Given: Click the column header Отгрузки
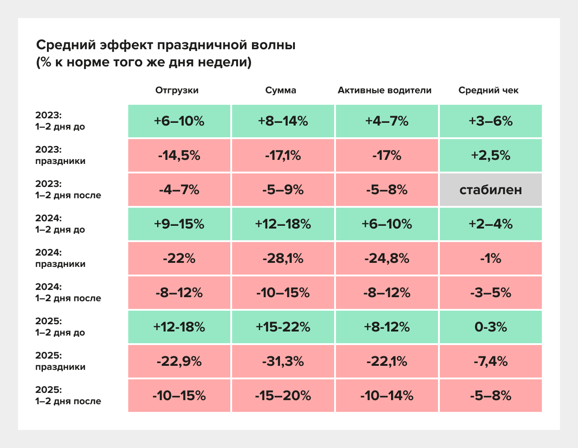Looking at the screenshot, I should [177, 90].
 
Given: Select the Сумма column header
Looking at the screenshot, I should [281, 90].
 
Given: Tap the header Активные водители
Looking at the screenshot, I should [384, 90].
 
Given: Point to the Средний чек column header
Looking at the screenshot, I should [488, 90].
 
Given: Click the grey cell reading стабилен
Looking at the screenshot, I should [490, 190].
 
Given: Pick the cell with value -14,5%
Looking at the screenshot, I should [179, 155].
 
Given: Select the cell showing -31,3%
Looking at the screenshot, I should [283, 361].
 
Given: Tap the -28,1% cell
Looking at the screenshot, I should [283, 258].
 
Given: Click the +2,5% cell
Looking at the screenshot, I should [490, 155].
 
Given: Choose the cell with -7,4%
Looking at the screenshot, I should [490, 361].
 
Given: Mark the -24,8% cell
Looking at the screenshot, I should [387, 258].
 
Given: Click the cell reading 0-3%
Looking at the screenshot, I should [490, 327].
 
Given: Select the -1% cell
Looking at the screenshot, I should [490, 258].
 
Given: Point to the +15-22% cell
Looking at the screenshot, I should [283, 327].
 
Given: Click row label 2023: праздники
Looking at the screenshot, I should [60, 155].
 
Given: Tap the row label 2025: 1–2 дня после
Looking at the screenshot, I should [68, 396].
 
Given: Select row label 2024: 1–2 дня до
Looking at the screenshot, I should [60, 224].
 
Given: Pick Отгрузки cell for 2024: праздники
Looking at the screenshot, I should [179, 258].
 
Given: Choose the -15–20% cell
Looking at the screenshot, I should [283, 396].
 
